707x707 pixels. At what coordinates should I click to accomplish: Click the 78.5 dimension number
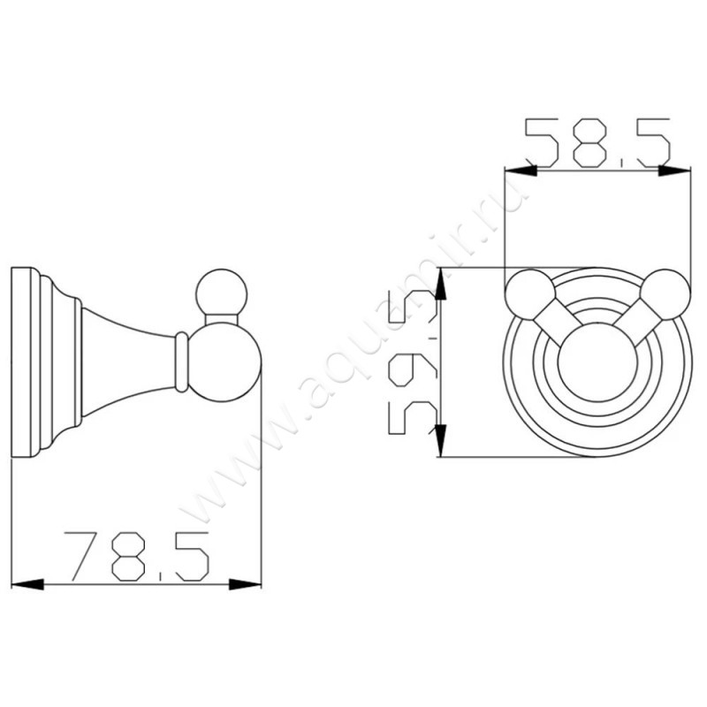pos(137,557)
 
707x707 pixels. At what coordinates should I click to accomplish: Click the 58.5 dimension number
pos(598,142)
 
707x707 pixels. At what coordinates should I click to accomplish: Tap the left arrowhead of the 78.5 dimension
pos(27,584)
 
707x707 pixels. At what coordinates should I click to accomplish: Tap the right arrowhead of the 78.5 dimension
pos(246,584)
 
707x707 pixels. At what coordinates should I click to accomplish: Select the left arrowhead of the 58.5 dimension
pos(521,170)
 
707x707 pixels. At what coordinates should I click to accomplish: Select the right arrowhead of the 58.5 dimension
pos(674,170)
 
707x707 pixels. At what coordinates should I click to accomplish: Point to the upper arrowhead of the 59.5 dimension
pos(440,284)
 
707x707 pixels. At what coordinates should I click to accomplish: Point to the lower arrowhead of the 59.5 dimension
pos(440,440)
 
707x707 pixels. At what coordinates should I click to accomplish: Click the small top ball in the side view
pos(222,295)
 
